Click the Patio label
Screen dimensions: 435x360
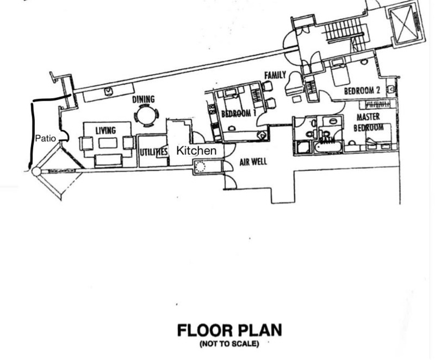[46, 138]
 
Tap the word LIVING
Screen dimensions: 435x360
[105, 131]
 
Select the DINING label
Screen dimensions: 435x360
[143, 100]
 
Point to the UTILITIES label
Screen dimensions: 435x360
[153, 152]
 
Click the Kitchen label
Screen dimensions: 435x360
[196, 151]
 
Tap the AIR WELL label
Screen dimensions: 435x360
[253, 162]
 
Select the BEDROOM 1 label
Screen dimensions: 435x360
[238, 114]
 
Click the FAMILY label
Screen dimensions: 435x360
[275, 75]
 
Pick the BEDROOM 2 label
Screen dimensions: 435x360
[362, 91]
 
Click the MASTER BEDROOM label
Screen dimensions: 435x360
[369, 122]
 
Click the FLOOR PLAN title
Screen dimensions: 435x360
[229, 330]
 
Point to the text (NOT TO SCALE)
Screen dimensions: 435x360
[229, 344]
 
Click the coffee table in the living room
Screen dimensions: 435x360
[108, 143]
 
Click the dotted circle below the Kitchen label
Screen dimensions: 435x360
[200, 167]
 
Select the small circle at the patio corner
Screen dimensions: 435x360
[36, 172]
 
